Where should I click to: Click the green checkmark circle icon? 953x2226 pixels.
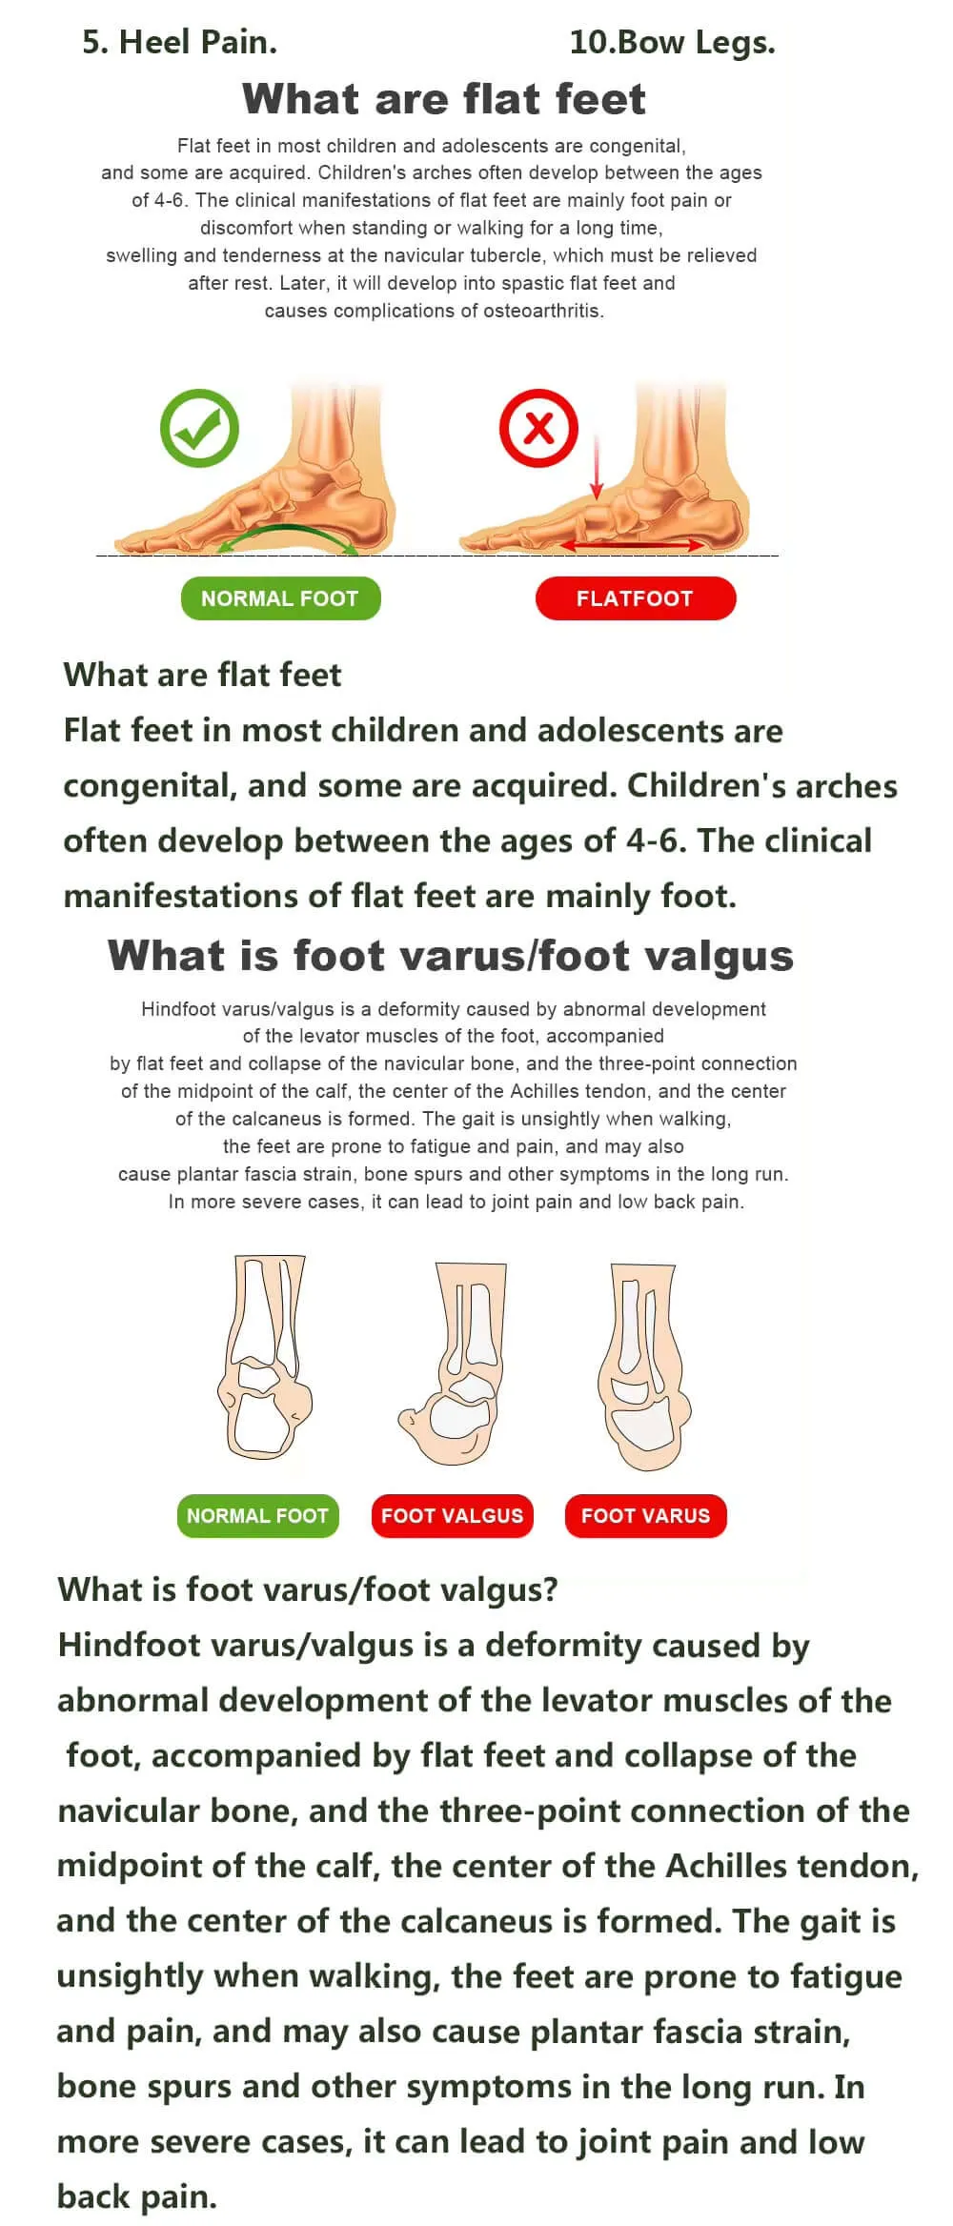pyautogui.click(x=199, y=427)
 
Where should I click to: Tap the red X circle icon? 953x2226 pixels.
pyautogui.click(x=538, y=427)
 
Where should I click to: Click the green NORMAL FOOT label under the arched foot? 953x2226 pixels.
pyautogui.click(x=280, y=598)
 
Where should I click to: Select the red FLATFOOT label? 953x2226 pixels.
pyautogui.click(x=635, y=598)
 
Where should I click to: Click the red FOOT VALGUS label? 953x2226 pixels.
pyautogui.click(x=452, y=1515)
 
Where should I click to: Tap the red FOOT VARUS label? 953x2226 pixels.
pyautogui.click(x=645, y=1515)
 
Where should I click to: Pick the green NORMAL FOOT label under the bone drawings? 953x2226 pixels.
pyautogui.click(x=257, y=1515)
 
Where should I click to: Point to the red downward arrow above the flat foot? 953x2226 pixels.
pyautogui.click(x=597, y=467)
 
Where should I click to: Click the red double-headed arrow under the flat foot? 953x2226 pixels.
pyautogui.click(x=633, y=545)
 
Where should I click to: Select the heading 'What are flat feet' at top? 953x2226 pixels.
pyautogui.click(x=444, y=99)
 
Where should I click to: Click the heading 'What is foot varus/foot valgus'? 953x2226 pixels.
pyautogui.click(x=451, y=956)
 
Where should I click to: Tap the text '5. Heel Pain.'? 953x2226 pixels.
pyautogui.click(x=179, y=43)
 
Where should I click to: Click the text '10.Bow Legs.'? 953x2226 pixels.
pyautogui.click(x=672, y=43)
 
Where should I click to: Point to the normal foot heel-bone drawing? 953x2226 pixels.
pyautogui.click(x=265, y=1357)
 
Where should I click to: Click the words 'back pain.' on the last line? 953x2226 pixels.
pyautogui.click(x=137, y=2196)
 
